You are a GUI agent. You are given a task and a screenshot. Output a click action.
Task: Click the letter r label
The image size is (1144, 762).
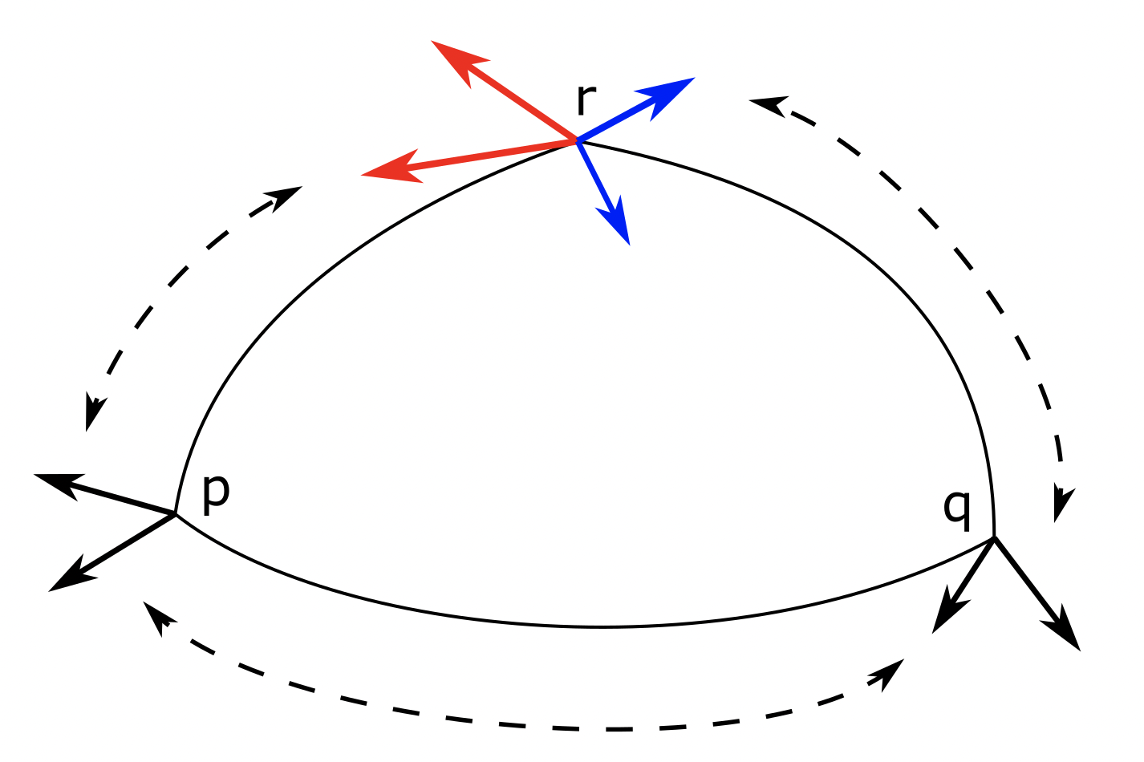[x=586, y=100]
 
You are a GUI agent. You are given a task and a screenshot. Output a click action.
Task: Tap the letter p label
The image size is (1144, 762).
[x=215, y=490]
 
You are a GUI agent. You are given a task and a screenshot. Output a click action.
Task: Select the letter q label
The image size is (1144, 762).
[x=957, y=507]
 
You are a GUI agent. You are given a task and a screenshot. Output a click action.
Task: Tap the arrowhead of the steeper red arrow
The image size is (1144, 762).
[x=434, y=42]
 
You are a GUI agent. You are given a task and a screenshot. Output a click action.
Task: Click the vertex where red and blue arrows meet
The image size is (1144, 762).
[x=577, y=141]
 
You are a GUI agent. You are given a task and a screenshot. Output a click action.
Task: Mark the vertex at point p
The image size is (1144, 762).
[x=176, y=513]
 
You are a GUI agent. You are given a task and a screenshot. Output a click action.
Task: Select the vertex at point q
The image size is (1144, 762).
[x=995, y=537]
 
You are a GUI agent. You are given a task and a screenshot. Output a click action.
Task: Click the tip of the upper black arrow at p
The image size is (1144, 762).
[x=37, y=476]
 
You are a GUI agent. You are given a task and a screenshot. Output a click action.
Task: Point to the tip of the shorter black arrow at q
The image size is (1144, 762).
[x=934, y=631]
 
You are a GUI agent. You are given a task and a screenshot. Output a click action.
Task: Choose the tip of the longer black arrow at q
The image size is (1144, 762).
[x=1080, y=649]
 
